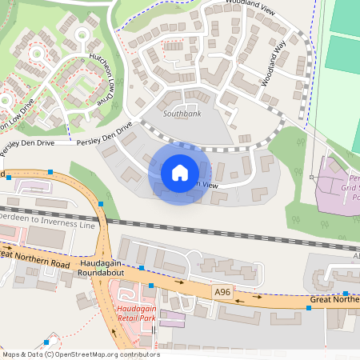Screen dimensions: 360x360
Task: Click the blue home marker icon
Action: tap(180, 172)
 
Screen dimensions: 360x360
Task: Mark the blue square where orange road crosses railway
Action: tap(101, 204)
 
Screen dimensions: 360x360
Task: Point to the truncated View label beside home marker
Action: tap(206, 184)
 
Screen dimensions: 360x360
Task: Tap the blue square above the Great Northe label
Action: tap(346, 293)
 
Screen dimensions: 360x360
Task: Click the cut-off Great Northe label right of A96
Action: tap(334, 301)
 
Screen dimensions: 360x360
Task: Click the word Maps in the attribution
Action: tap(11, 354)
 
